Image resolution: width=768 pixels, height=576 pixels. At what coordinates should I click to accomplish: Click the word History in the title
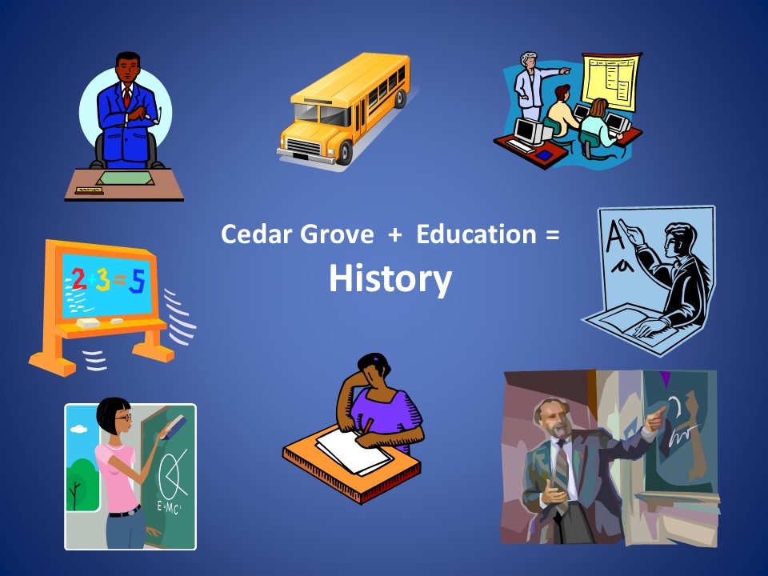390,278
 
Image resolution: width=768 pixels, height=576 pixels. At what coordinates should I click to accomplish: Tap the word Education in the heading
476,234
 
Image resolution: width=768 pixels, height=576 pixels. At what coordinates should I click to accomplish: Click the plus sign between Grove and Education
394,235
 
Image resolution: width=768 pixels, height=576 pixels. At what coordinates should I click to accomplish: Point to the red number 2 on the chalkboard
78,278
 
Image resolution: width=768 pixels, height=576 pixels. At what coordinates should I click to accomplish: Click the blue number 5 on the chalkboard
138,282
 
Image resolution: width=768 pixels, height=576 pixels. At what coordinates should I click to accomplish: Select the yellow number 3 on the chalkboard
103,280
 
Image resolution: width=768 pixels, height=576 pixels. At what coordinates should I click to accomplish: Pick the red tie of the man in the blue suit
127,97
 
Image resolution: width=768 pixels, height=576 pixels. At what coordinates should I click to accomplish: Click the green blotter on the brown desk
125,178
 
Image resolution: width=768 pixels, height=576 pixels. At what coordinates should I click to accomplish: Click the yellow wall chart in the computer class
611,81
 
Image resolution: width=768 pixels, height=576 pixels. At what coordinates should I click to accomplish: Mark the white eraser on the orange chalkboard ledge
88,322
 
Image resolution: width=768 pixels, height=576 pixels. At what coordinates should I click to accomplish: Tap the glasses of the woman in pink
125,418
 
